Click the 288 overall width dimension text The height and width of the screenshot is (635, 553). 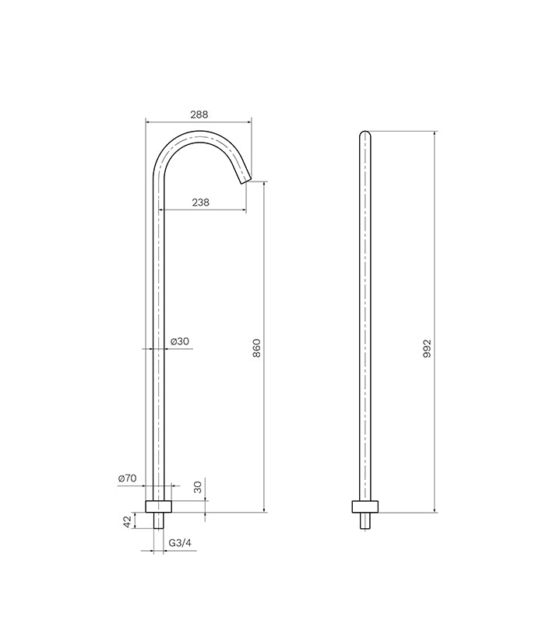tap(199, 114)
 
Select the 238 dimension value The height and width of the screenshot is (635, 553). tap(199, 202)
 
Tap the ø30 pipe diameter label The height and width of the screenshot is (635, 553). tap(180, 341)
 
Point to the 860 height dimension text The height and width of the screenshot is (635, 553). tap(257, 347)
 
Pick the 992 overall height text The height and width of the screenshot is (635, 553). tap(427, 347)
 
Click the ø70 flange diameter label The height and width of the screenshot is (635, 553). tap(127, 478)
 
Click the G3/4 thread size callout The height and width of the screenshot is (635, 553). tap(181, 543)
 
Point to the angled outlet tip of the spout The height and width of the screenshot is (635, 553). tap(244, 180)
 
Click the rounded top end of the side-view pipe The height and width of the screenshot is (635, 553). tap(365, 134)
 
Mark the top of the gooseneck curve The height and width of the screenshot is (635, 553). tap(199, 134)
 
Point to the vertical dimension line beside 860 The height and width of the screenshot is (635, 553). tap(265, 429)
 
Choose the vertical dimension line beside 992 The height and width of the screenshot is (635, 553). tap(435, 429)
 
